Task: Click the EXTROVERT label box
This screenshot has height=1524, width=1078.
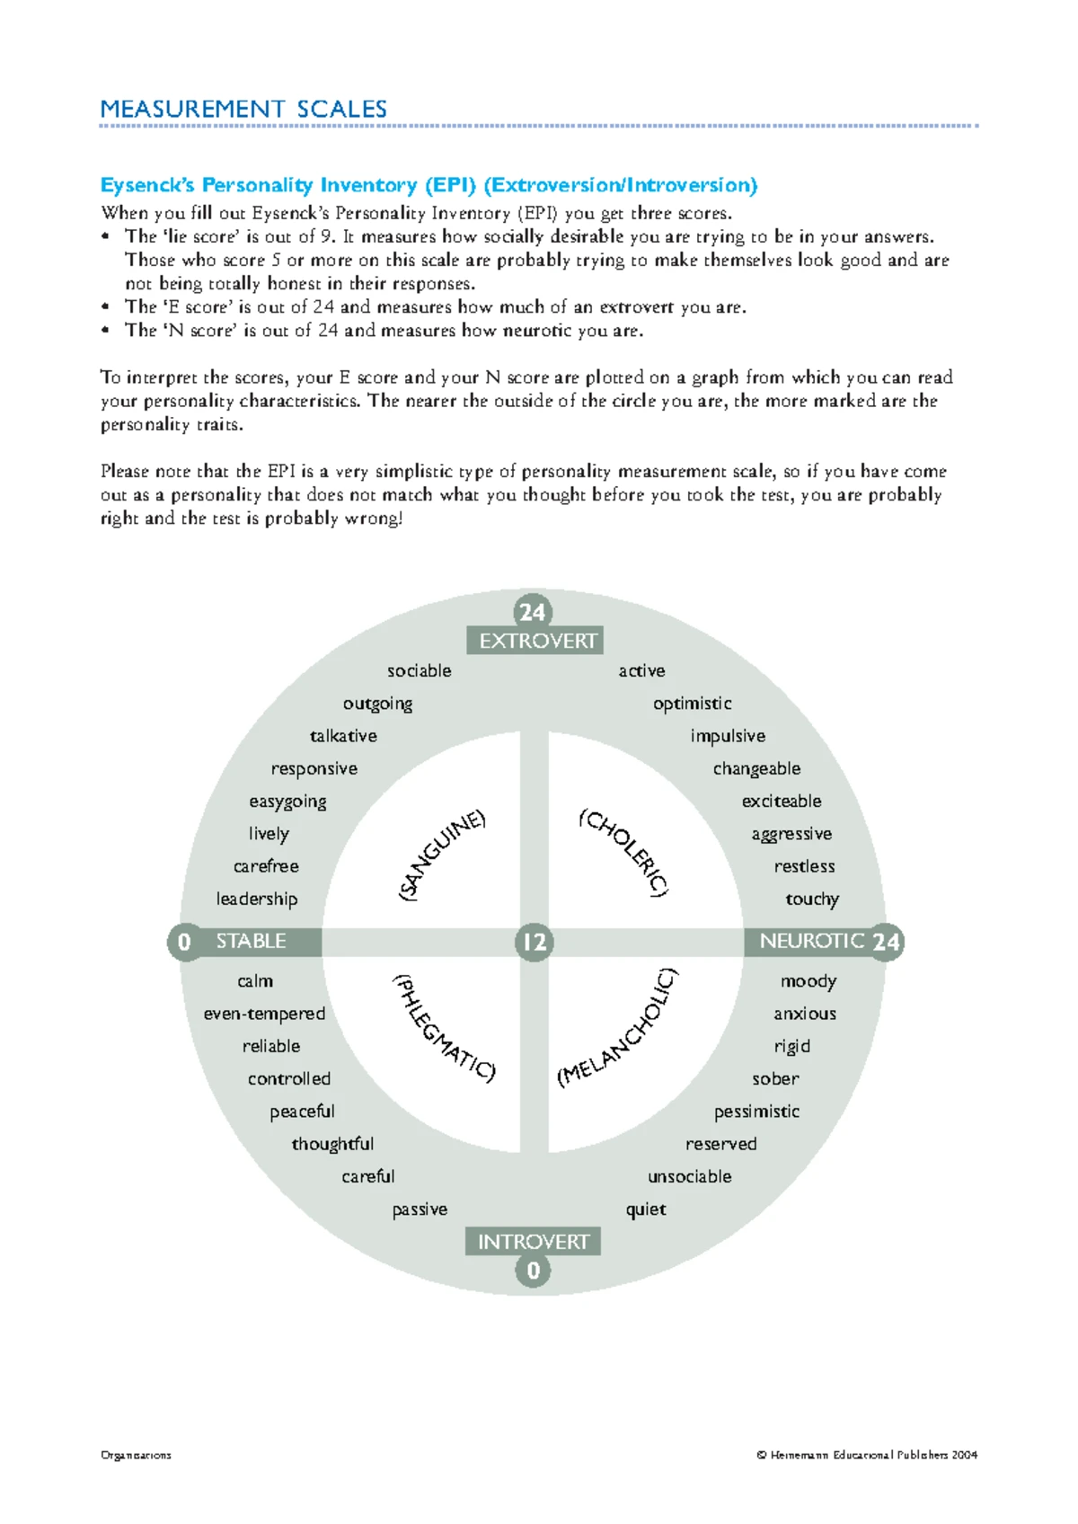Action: point(535,641)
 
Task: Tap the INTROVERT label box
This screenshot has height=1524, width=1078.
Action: point(533,1242)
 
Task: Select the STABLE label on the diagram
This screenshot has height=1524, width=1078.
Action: point(251,941)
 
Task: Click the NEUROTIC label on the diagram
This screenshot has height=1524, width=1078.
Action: point(811,941)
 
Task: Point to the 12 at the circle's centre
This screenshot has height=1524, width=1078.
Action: point(534,942)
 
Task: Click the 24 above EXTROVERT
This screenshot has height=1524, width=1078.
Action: point(532,612)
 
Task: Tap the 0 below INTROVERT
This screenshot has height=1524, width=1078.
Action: point(533,1271)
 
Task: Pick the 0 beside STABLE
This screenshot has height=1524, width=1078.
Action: point(184,942)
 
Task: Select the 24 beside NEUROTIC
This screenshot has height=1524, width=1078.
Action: point(886,942)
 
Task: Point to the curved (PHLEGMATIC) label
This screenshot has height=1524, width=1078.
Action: point(443,1028)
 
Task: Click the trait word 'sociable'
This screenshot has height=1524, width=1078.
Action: point(420,670)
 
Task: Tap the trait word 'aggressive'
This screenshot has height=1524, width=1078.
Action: point(791,834)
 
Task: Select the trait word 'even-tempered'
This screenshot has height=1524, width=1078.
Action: point(264,1014)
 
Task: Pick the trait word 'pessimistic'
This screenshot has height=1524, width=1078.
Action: point(756,1112)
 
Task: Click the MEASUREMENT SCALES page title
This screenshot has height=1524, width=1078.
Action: point(243,110)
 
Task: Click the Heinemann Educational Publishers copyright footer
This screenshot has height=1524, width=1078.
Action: point(867,1455)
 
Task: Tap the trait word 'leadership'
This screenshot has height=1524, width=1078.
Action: point(257,899)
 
